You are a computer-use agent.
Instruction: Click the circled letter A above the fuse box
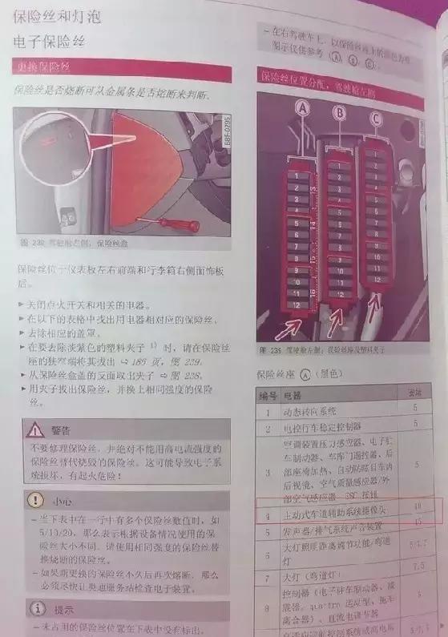coord(302,106)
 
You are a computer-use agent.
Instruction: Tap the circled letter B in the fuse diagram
coord(340,114)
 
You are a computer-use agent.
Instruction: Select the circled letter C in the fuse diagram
coord(376,119)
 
